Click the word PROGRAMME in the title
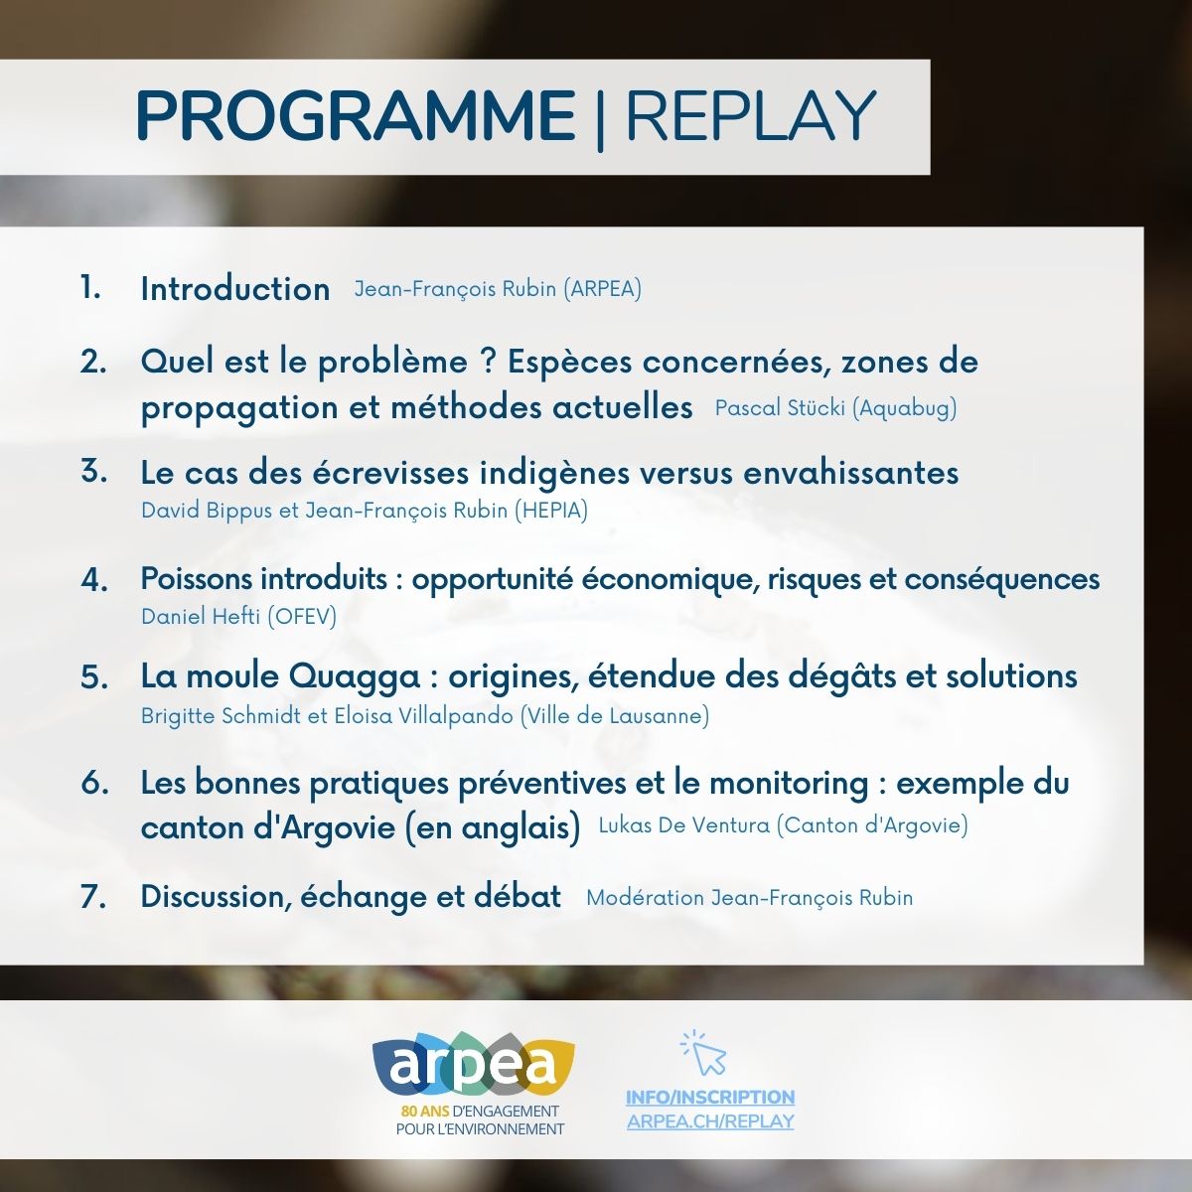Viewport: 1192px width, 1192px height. tap(357, 115)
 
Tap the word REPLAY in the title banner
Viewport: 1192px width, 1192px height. tap(752, 115)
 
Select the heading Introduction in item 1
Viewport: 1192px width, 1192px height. tap(235, 289)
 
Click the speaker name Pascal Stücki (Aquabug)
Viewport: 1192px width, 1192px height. tap(835, 407)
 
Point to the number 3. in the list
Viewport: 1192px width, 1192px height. tap(94, 472)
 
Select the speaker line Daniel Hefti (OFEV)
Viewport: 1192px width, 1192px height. tap(238, 616)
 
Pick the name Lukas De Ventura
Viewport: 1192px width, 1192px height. tap(684, 824)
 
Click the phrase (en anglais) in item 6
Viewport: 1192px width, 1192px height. tap(493, 827)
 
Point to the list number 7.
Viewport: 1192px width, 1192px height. tap(93, 896)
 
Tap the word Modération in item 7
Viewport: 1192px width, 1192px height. tap(646, 898)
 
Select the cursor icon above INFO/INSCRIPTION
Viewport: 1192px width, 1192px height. tap(704, 1052)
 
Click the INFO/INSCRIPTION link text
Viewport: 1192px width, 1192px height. tap(710, 1097)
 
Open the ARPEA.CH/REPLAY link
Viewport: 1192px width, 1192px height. tap(710, 1120)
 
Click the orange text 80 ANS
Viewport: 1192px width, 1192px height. tap(425, 1111)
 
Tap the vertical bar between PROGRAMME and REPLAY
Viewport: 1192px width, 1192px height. tap(600, 119)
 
